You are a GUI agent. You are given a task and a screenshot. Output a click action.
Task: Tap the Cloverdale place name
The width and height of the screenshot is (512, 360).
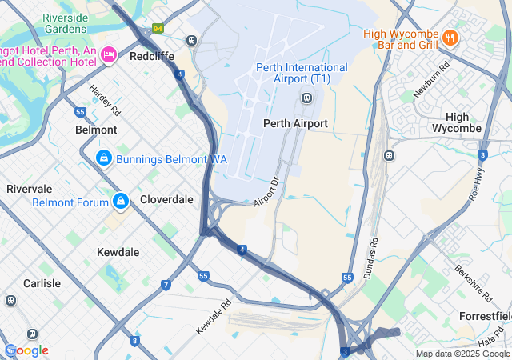click(x=166, y=199)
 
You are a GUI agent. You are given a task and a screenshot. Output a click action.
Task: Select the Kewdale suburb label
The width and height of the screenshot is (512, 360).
click(x=118, y=252)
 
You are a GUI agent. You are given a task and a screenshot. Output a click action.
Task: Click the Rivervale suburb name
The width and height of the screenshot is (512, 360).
click(x=30, y=189)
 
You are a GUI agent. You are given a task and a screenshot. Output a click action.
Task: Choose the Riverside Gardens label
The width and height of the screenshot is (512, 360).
click(x=66, y=23)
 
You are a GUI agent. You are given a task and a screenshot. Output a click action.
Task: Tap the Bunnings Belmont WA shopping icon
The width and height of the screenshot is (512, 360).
click(x=103, y=159)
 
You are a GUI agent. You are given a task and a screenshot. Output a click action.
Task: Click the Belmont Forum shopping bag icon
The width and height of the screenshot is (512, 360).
click(x=120, y=201)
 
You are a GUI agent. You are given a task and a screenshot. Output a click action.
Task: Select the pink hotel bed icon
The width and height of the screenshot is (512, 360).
click(x=110, y=55)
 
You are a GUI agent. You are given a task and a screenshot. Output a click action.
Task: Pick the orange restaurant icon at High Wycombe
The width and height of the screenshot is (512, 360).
click(x=450, y=37)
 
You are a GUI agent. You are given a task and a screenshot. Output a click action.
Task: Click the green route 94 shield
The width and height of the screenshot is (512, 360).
click(x=158, y=28)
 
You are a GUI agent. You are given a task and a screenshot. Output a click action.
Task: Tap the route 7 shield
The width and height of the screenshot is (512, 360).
click(x=166, y=285)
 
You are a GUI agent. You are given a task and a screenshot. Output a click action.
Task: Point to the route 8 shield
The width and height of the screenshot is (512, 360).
click(x=134, y=341)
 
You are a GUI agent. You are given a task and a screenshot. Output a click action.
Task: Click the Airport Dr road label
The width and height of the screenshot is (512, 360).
click(x=270, y=191)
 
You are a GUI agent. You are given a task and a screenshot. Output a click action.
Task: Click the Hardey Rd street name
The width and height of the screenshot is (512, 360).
click(x=104, y=98)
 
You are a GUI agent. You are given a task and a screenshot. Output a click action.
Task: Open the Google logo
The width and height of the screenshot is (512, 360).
click(x=26, y=350)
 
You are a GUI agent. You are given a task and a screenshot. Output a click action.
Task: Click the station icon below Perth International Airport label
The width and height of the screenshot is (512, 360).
click(x=306, y=98)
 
